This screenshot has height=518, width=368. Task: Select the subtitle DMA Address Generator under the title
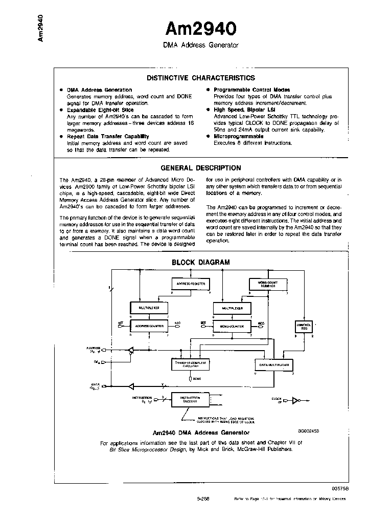(200, 45)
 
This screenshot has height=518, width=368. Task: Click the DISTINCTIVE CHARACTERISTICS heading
(200, 78)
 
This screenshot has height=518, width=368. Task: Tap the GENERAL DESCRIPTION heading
(200, 168)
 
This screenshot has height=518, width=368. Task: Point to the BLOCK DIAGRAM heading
(200, 262)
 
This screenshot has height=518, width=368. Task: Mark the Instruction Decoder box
(187, 400)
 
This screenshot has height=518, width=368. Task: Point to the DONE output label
(196, 379)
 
